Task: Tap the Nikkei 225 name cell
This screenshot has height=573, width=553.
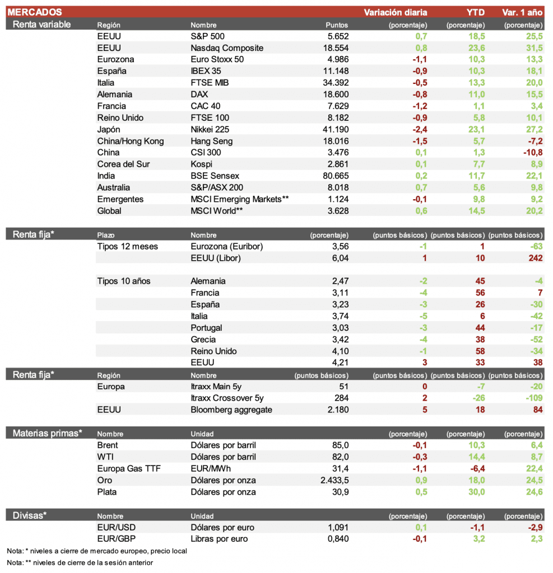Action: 211,129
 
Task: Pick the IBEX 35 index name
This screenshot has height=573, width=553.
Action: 206,71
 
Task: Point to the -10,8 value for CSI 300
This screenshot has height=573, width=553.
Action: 532,153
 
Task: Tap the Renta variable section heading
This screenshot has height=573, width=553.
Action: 41,25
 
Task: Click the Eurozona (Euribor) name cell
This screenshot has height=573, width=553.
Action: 226,247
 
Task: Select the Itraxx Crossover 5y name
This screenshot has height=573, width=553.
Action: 227,398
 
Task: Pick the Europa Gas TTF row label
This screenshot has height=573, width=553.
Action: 129,469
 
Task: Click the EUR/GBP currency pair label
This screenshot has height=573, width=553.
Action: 117,539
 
